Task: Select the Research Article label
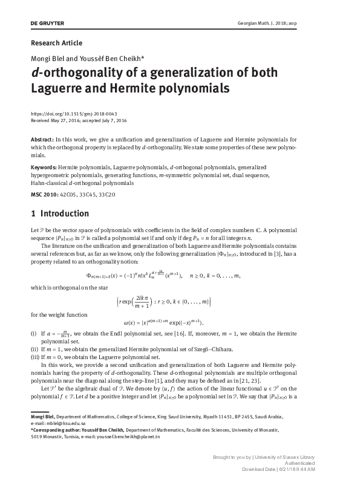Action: click(x=56, y=43)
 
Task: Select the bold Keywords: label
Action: click(x=44, y=166)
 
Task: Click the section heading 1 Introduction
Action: click(x=59, y=214)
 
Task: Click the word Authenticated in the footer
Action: click(x=303, y=464)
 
